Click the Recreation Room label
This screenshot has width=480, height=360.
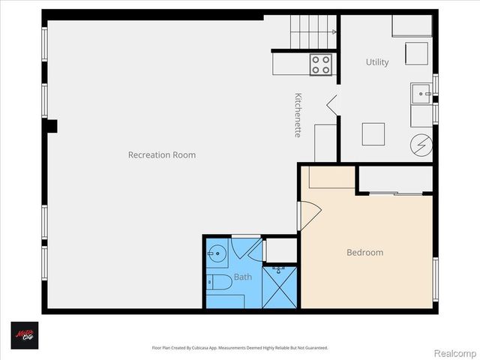coord(161,155)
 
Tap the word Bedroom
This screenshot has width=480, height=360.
coord(364,253)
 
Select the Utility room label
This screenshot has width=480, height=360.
coord(377,62)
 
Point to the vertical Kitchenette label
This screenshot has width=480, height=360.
coord(298,114)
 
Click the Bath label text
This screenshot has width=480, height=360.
coord(242,277)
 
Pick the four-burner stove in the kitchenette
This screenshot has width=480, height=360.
coord(321,64)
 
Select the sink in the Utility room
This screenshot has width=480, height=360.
coord(421,94)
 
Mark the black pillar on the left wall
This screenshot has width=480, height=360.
coord(51,126)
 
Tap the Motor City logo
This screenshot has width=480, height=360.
coord(24,334)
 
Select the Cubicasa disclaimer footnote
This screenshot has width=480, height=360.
coord(240,348)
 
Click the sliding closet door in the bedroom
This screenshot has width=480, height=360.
coord(395,194)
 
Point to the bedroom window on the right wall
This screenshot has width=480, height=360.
coord(435,280)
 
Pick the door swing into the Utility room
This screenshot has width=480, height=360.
coord(333,105)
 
